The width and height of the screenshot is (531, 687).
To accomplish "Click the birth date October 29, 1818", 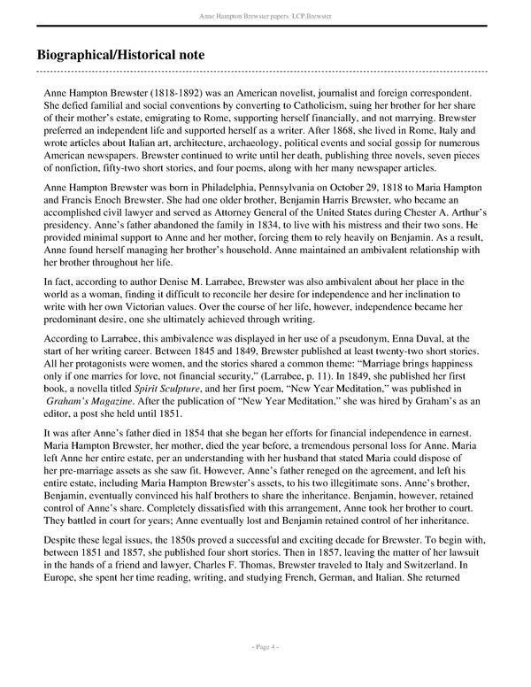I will pyautogui.click(x=367, y=189).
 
